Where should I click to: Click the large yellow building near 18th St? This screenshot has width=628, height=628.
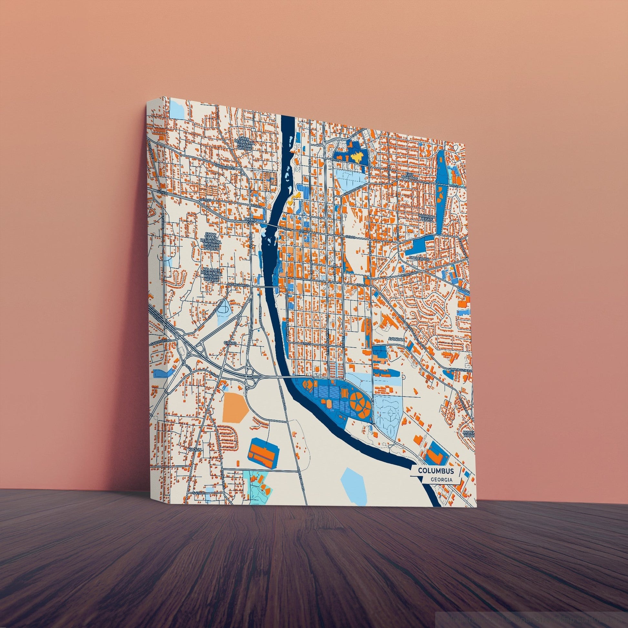click(x=358, y=158)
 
